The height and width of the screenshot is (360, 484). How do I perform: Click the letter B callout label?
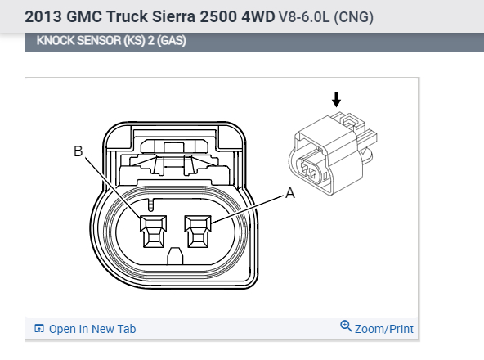(78, 151)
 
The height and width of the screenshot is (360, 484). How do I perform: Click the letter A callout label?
(290, 193)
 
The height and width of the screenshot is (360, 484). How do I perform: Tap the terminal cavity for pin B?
(154, 232)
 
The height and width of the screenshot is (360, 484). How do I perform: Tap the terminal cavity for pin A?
(198, 232)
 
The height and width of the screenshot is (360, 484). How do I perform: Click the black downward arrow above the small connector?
(337, 99)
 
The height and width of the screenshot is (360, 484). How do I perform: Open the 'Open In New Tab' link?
(92, 329)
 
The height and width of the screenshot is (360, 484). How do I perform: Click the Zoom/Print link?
(384, 329)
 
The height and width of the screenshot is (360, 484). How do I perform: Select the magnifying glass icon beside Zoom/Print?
(346, 326)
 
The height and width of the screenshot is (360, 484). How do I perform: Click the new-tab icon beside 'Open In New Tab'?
(39, 328)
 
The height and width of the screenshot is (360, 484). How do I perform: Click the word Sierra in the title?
(173, 16)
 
